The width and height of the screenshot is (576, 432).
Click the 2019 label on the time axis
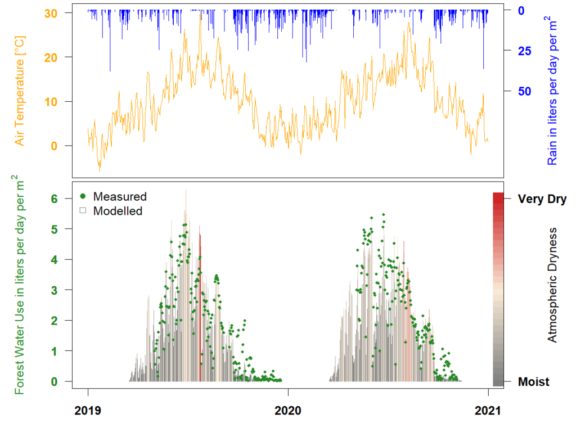pos(88,411)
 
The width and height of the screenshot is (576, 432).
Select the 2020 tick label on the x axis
pos(288,411)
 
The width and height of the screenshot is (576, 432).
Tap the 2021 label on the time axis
pos(488,411)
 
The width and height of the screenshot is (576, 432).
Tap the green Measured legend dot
pos(83,196)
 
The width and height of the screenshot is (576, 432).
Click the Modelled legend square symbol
pos(83,211)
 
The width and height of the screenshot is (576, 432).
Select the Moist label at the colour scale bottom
pos(534,382)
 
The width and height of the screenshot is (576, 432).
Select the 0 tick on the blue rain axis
pos(520,11)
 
